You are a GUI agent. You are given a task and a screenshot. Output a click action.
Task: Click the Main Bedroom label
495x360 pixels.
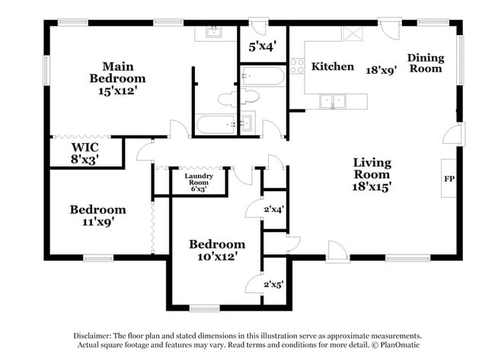click(117, 72)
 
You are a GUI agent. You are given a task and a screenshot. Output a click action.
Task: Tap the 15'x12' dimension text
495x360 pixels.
click(117, 90)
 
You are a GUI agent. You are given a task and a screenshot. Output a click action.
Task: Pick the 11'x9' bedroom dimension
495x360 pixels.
click(97, 223)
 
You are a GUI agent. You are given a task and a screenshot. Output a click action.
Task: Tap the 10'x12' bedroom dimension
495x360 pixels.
click(217, 257)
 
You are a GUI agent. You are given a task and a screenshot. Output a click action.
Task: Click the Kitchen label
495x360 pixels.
click(333, 67)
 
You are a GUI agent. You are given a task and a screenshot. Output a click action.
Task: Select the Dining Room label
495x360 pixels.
click(425, 62)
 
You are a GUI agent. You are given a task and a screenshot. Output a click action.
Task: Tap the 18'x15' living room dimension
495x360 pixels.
click(372, 185)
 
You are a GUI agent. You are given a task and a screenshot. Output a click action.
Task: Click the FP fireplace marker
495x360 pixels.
click(449, 179)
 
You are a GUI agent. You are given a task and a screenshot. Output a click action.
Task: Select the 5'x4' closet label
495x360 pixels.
click(261, 46)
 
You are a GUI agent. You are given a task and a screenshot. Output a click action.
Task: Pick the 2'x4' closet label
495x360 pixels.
click(273, 208)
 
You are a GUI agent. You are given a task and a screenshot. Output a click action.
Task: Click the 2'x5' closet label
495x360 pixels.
click(273, 285)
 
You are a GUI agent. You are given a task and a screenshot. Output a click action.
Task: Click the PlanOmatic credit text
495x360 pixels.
click(396, 345)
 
